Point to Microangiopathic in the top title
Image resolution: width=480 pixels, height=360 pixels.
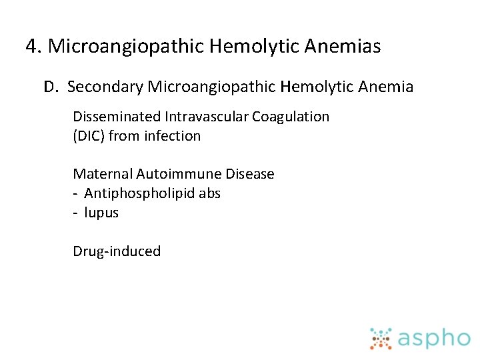[x=126, y=47]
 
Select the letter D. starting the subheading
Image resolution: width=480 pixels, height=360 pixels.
[x=51, y=87]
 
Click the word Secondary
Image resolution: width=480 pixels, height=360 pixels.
[x=105, y=87]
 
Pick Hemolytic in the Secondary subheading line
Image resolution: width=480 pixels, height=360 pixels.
[x=316, y=87]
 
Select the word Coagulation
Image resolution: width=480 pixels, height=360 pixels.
[x=291, y=117]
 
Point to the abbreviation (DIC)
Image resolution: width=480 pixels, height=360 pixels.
[x=89, y=136]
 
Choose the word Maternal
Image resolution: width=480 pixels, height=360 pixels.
[x=103, y=174]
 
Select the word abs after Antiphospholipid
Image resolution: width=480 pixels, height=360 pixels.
[x=208, y=193]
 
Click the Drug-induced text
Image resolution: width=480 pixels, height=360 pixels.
[x=117, y=251]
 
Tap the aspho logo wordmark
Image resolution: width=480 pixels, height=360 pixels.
[x=434, y=338]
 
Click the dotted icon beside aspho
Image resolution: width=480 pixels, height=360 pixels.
[x=381, y=338]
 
